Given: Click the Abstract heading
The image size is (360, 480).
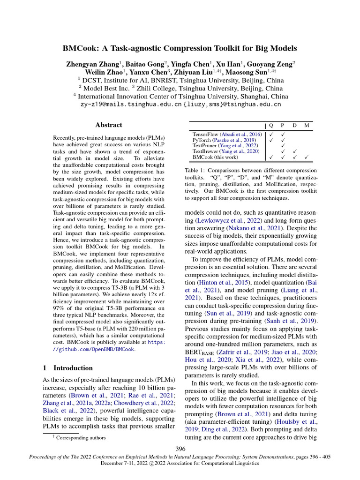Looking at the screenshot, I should click(x=109, y=125).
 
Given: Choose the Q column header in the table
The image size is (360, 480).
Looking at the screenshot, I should click(x=271, y=125).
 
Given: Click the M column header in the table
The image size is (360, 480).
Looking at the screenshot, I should click(x=307, y=125).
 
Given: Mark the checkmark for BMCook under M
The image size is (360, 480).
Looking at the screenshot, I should click(x=307, y=157).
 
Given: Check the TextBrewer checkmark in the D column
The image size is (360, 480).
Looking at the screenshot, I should click(x=295, y=151).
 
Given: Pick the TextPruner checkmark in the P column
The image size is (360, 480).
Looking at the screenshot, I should click(x=283, y=145).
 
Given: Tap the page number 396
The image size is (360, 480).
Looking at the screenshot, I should click(x=180, y=449).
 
